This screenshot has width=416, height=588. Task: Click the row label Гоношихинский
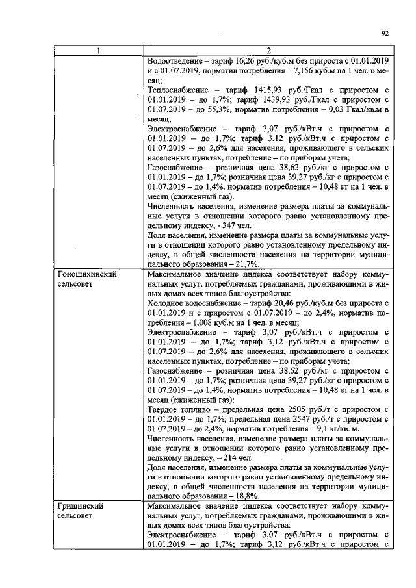[88, 275]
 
